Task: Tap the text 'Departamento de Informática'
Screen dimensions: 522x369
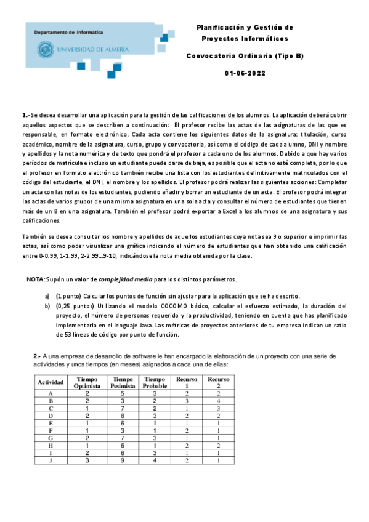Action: point(68,32)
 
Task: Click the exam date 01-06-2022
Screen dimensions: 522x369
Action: point(245,73)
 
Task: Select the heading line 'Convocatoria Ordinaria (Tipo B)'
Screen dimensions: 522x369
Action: point(245,56)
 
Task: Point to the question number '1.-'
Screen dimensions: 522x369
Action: point(25,115)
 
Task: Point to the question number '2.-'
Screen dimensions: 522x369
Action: point(36,356)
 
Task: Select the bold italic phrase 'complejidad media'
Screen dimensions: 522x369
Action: point(126,279)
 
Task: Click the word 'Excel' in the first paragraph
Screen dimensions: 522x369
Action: point(267,211)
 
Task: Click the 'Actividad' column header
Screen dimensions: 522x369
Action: point(51,382)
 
